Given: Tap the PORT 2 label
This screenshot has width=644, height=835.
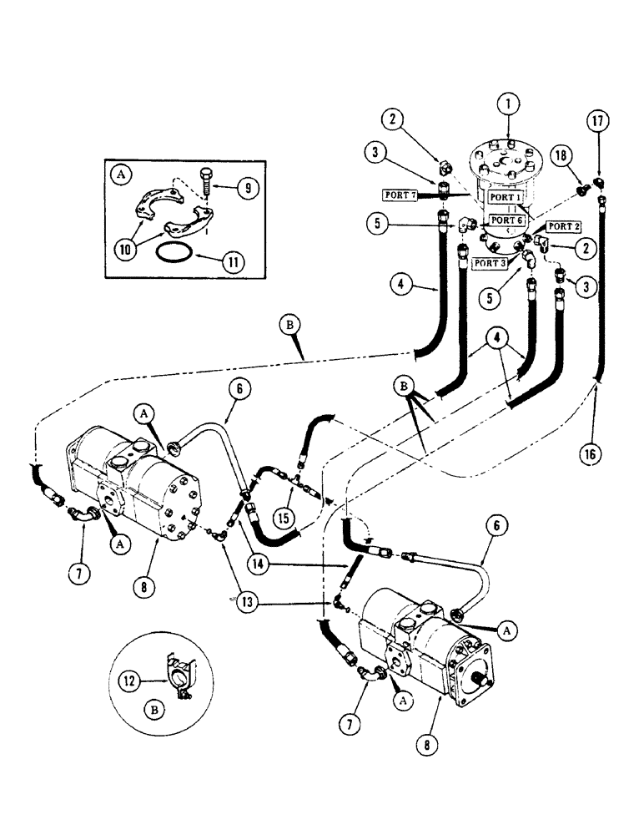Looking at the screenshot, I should tap(560, 226).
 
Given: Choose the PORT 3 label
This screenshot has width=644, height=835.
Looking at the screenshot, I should tap(491, 263).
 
